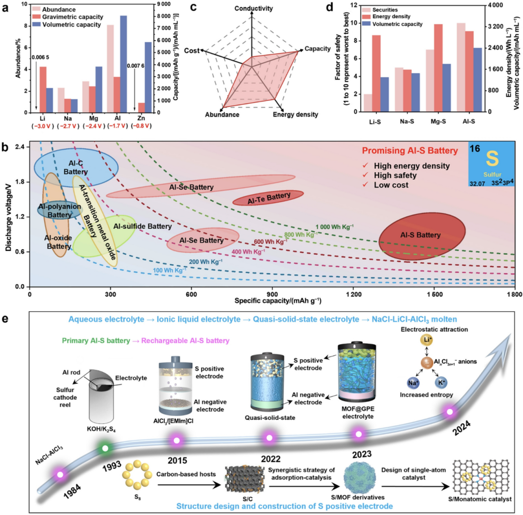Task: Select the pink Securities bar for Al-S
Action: (x=461, y=67)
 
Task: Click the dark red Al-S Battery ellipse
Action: (x=421, y=235)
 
